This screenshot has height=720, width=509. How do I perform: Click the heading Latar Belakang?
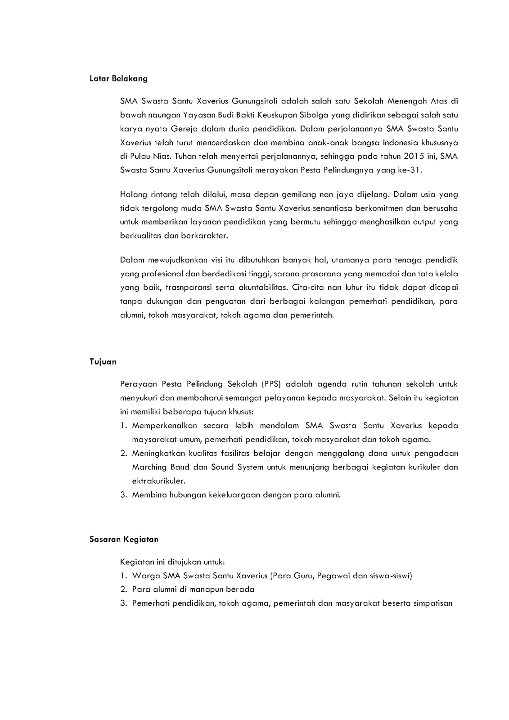pos(118,79)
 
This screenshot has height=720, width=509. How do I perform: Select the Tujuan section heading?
pos(103,362)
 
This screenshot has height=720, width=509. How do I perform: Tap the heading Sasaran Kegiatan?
pos(124,539)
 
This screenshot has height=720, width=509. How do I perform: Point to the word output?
pos(425,222)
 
